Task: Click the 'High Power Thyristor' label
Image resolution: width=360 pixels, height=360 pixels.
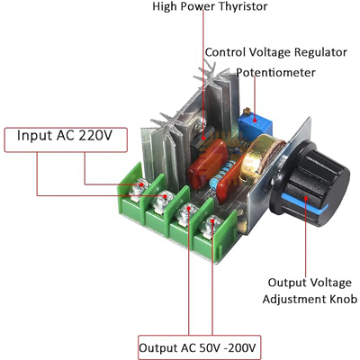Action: click(x=210, y=6)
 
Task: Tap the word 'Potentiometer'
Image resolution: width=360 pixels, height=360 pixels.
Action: click(x=275, y=73)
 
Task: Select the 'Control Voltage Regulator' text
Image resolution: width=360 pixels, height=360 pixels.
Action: click(x=276, y=52)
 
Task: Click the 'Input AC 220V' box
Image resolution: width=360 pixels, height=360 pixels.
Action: click(x=66, y=139)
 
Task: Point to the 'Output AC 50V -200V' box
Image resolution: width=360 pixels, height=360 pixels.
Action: click(x=199, y=347)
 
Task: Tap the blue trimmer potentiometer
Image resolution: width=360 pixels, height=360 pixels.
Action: click(x=255, y=124)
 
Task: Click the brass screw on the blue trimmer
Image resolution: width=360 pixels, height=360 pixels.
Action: click(x=247, y=112)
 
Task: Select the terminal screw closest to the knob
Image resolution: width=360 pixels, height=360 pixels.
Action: click(x=212, y=224)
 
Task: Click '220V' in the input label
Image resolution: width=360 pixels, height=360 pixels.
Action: click(x=95, y=136)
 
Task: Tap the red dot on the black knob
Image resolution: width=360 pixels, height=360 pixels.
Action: click(x=306, y=198)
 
